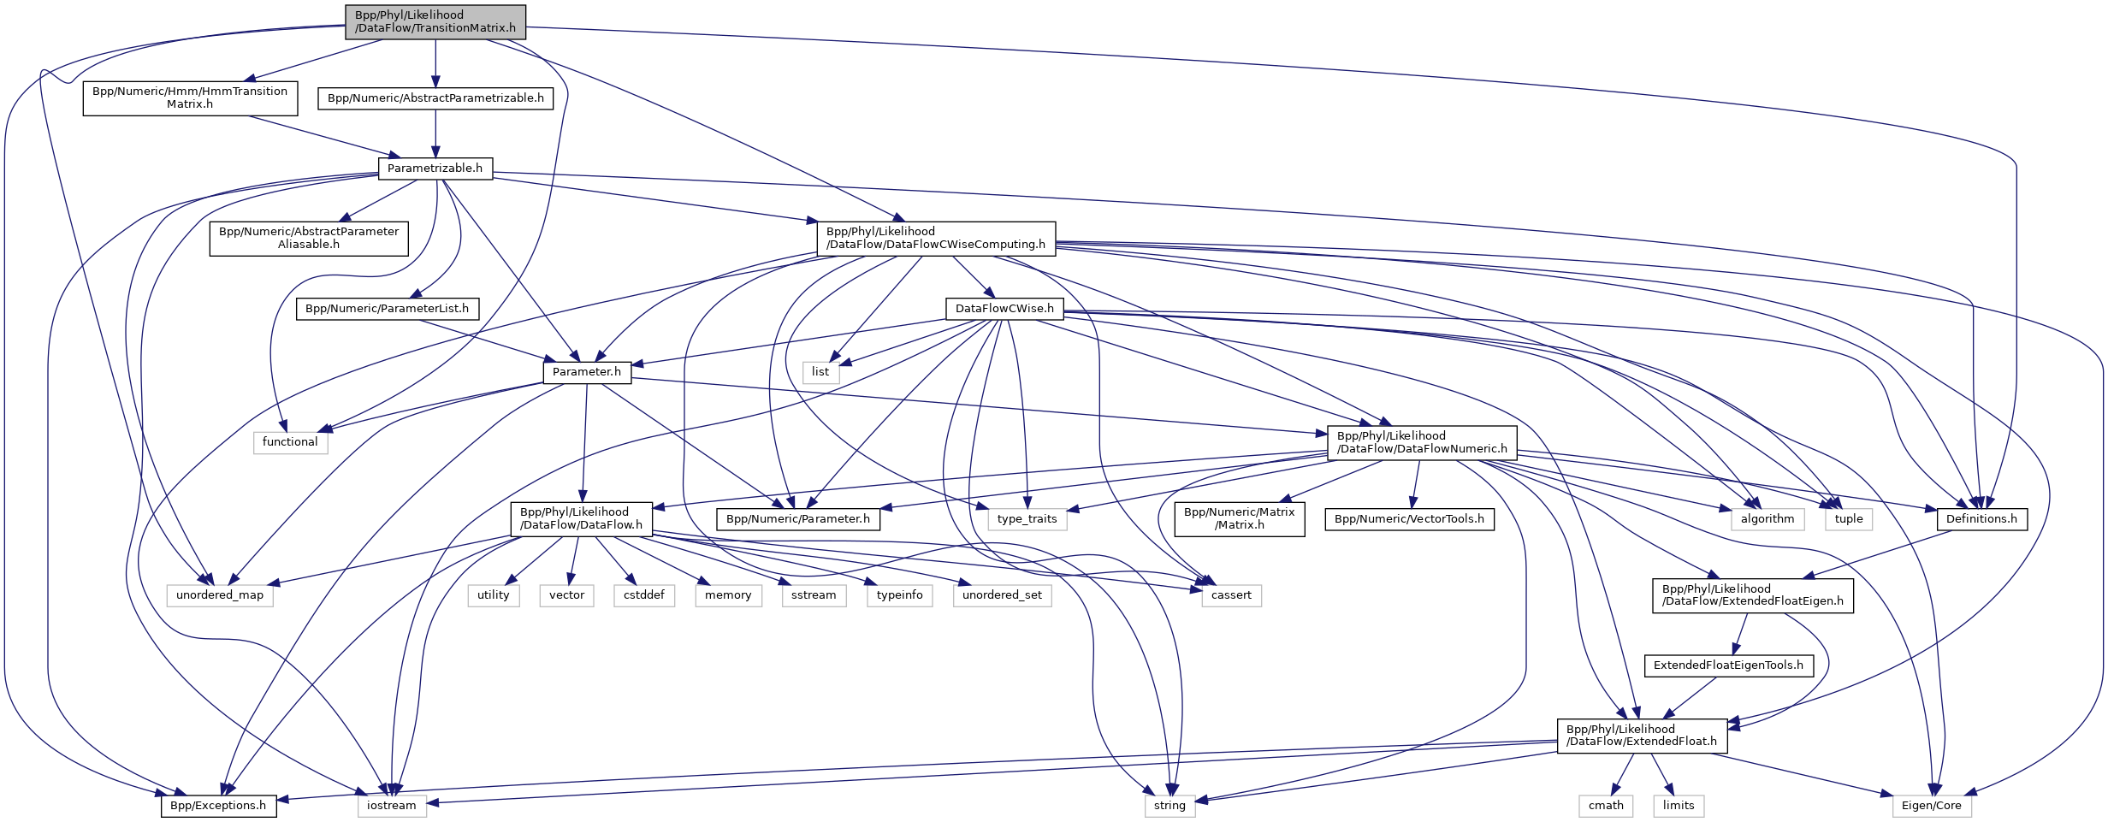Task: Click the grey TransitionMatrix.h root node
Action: [x=435, y=22]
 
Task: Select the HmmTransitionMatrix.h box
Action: [x=190, y=98]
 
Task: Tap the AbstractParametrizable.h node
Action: [x=435, y=98]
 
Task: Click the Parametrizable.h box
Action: [x=435, y=169]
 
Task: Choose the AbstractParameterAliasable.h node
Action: [x=309, y=238]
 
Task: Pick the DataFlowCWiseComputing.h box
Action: [x=936, y=238]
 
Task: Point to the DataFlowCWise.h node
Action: [x=1004, y=309]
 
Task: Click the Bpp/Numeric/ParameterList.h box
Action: [x=387, y=309]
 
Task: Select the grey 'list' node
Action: [x=820, y=372]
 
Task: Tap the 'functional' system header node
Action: [x=290, y=442]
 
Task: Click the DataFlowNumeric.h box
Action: [x=1422, y=442]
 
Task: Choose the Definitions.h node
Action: [x=1981, y=519]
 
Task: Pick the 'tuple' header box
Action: [x=1849, y=519]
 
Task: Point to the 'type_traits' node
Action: [x=1027, y=519]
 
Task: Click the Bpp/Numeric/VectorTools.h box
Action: [x=1409, y=519]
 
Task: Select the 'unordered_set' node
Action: [x=1002, y=595]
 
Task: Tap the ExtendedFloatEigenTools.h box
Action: [x=1728, y=665]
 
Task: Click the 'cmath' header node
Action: [x=1606, y=806]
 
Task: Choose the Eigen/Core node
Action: [x=1932, y=806]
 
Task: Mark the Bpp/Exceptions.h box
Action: [x=218, y=806]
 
